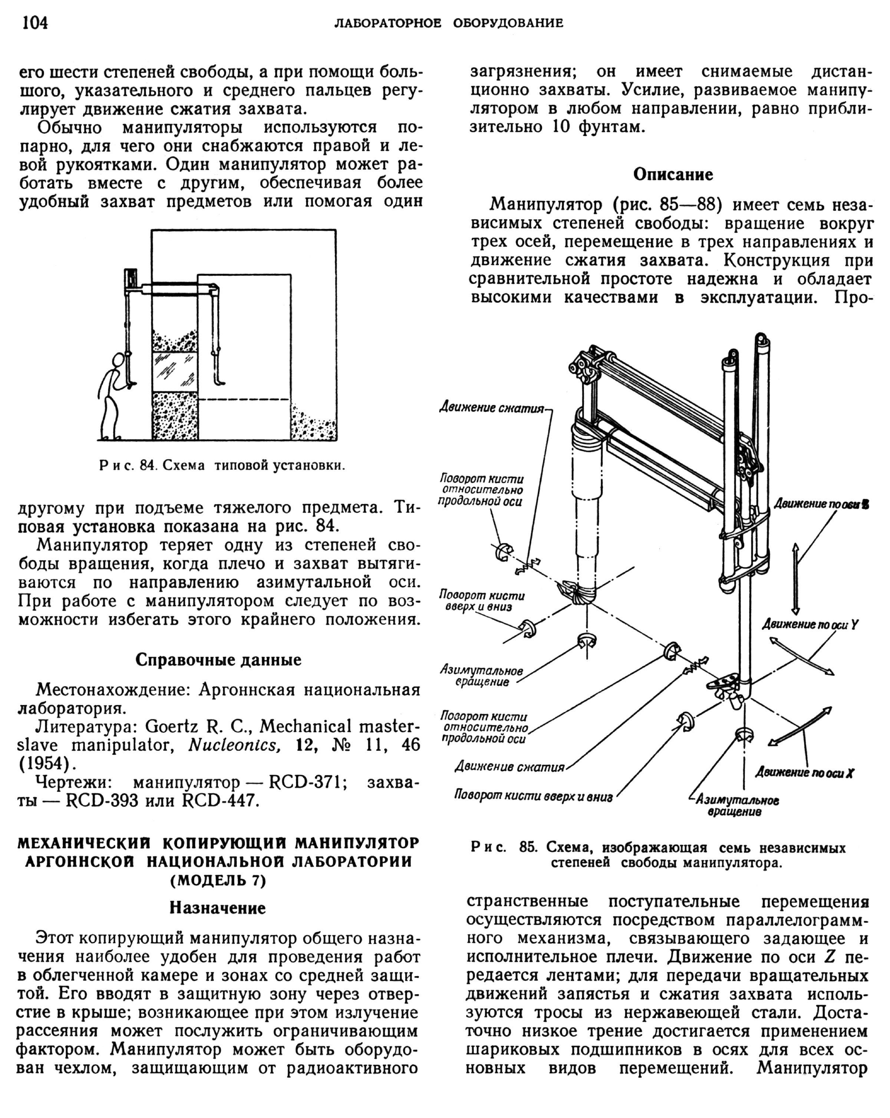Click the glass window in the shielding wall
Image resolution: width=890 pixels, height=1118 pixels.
174,372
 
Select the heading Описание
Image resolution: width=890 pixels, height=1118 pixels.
673,175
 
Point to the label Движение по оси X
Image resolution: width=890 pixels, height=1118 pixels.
804,773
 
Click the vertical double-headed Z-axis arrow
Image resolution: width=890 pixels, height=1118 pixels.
795,579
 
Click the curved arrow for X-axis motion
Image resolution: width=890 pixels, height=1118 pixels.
799,727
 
